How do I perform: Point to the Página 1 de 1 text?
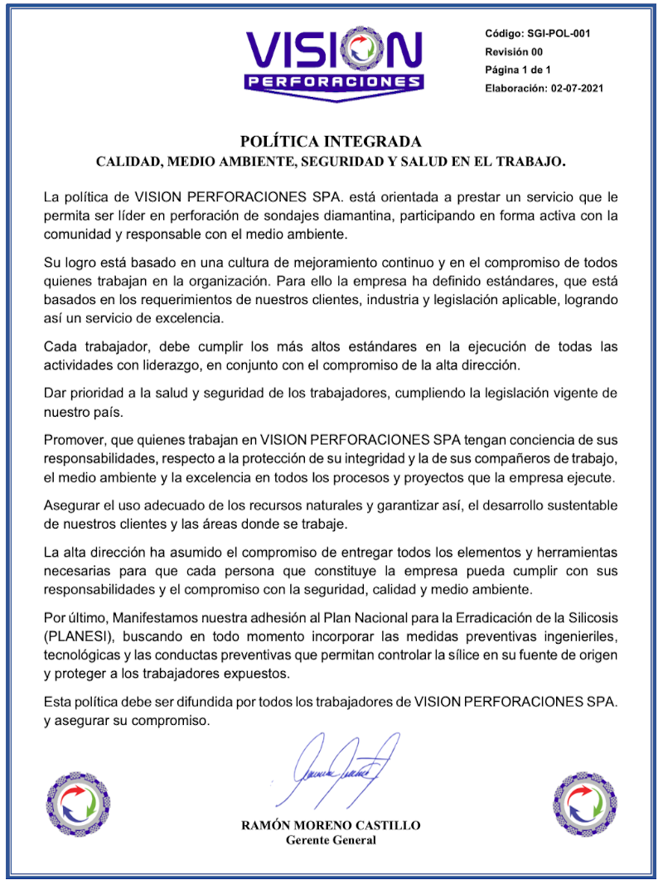click(x=518, y=70)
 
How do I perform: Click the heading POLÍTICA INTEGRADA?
click(x=331, y=141)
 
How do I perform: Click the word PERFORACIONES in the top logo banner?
click(x=334, y=83)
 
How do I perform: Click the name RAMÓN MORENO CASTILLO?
click(x=331, y=825)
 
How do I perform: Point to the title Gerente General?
click(x=331, y=840)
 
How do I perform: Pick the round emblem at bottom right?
click(x=584, y=804)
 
